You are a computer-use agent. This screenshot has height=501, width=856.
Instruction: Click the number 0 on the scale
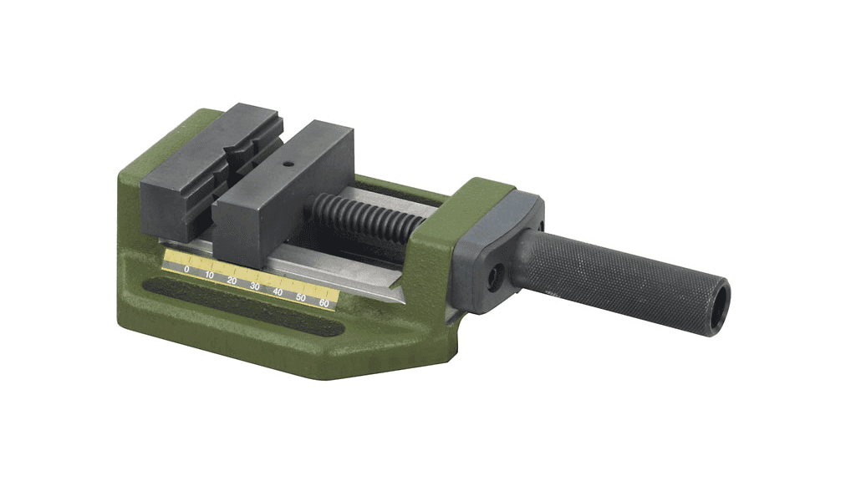[x=186, y=269]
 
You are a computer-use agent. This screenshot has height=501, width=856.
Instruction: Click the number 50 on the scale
[x=301, y=297]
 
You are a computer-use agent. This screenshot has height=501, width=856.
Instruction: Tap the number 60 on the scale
[x=324, y=303]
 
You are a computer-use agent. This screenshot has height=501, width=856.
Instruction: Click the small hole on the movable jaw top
[x=288, y=163]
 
